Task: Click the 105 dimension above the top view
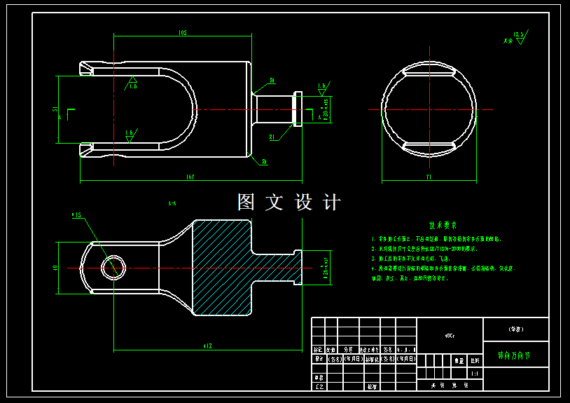[182, 33]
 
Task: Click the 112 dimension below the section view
[207, 345]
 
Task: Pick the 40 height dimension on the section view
[55, 268]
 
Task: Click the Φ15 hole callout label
[76, 215]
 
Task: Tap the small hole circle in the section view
[113, 267]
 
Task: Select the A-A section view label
[172, 203]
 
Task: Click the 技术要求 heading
[443, 226]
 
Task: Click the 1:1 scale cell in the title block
[475, 374]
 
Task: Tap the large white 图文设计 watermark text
[289, 203]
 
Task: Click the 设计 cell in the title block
[318, 358]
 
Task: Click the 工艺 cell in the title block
[318, 385]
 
